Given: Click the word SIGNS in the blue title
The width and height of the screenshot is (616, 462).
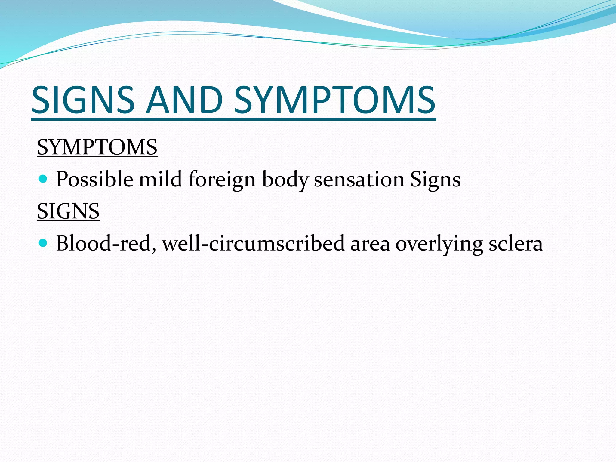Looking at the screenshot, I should (x=83, y=100).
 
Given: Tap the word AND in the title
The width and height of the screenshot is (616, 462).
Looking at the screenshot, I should (x=184, y=100).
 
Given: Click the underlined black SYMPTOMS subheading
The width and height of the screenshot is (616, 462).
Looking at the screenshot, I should (x=97, y=147).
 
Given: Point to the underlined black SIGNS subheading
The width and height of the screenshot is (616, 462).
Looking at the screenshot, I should (x=68, y=211).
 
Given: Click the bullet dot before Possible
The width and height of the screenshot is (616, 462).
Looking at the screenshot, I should (x=43, y=179).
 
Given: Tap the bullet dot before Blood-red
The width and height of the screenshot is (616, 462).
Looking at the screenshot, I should (x=43, y=243).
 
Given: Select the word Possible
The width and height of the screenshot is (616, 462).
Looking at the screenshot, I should (x=94, y=180).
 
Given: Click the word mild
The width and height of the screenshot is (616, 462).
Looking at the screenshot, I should (x=160, y=180).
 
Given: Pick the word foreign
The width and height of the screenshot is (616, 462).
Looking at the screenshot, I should (x=222, y=180).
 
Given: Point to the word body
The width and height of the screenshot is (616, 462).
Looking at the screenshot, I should (x=285, y=180).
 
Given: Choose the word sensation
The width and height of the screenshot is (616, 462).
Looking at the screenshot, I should (x=359, y=180).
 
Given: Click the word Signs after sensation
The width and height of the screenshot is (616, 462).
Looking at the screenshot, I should (x=435, y=180).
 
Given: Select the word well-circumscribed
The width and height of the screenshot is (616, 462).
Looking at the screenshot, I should (x=253, y=243).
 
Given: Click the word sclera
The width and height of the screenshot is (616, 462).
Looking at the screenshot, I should (x=516, y=243).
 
